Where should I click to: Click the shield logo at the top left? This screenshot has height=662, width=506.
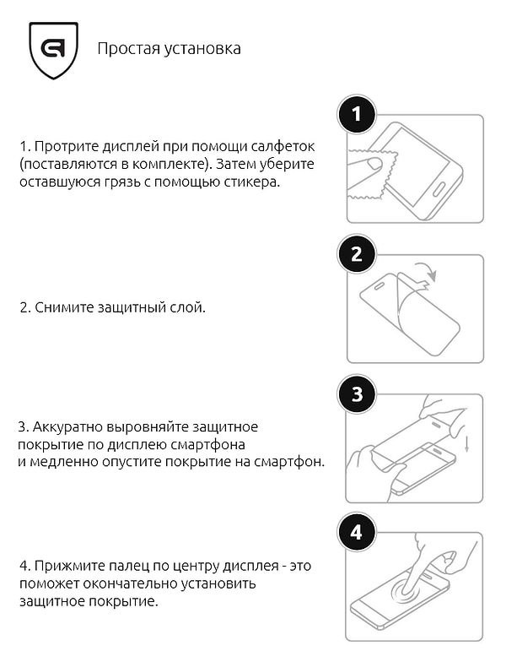53,50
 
